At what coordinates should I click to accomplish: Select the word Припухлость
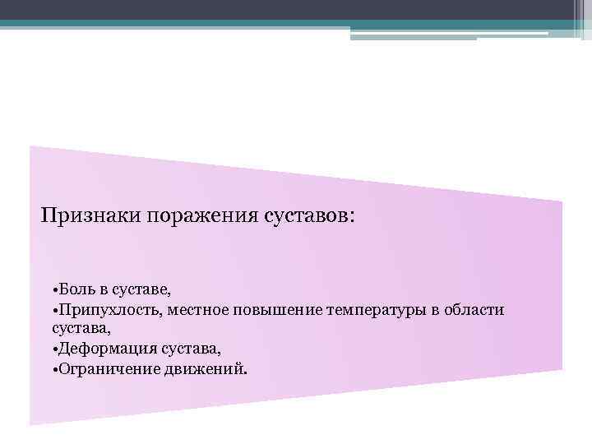coord(113,310)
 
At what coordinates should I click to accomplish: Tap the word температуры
coord(377,310)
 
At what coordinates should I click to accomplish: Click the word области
coord(474,310)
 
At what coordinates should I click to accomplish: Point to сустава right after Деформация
coord(194,349)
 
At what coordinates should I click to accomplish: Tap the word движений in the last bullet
coord(205,368)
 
